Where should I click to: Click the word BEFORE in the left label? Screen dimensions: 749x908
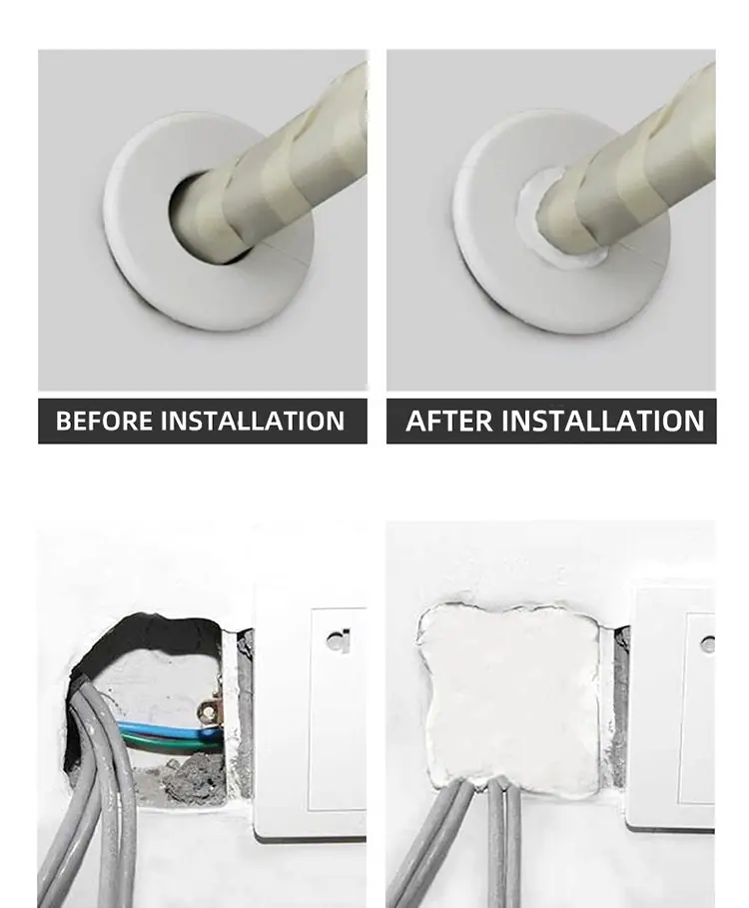pos(105,421)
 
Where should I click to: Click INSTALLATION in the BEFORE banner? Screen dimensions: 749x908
pos(253,421)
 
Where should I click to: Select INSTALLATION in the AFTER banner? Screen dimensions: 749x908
pos(602,421)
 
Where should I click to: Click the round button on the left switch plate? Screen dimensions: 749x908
pos(337,641)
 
